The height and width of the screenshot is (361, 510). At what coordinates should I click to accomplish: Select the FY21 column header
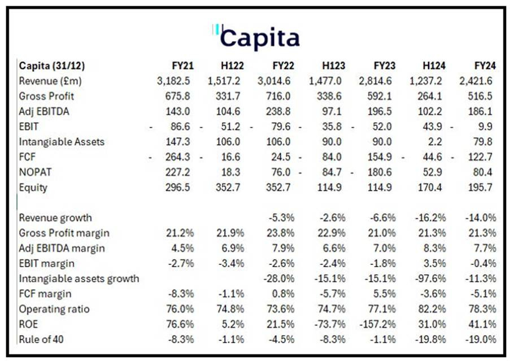pyautogui.click(x=183, y=66)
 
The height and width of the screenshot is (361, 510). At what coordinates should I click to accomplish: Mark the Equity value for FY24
pyautogui.click(x=484, y=188)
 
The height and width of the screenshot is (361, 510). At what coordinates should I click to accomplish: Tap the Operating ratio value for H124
pyautogui.click(x=433, y=309)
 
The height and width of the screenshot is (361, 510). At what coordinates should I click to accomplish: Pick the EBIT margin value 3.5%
pyautogui.click(x=435, y=263)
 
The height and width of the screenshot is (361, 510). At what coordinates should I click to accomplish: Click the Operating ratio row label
pyautogui.click(x=54, y=309)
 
